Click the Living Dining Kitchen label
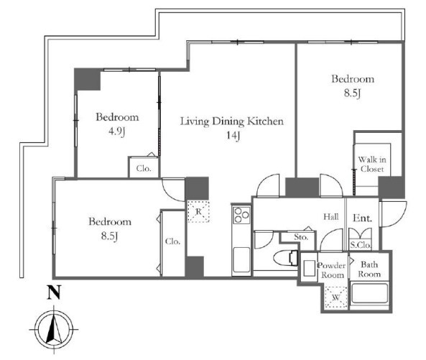[x=232, y=121]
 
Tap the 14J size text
[x=233, y=135]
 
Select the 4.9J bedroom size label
[x=117, y=132]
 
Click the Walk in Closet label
[x=372, y=164]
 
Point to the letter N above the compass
[x=54, y=292]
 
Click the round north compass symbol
[x=54, y=330]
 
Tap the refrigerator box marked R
[x=198, y=212]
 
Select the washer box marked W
[x=336, y=297]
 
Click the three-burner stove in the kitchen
[x=241, y=215]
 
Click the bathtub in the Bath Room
[x=369, y=293]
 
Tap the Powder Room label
[x=332, y=270]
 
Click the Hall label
[x=331, y=216]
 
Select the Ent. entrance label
[x=362, y=218]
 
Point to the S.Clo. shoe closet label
[x=360, y=245]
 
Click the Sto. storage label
[x=301, y=237]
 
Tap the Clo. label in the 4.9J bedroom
[x=144, y=168]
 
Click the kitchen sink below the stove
[x=241, y=259]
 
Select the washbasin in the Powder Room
[x=309, y=268]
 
